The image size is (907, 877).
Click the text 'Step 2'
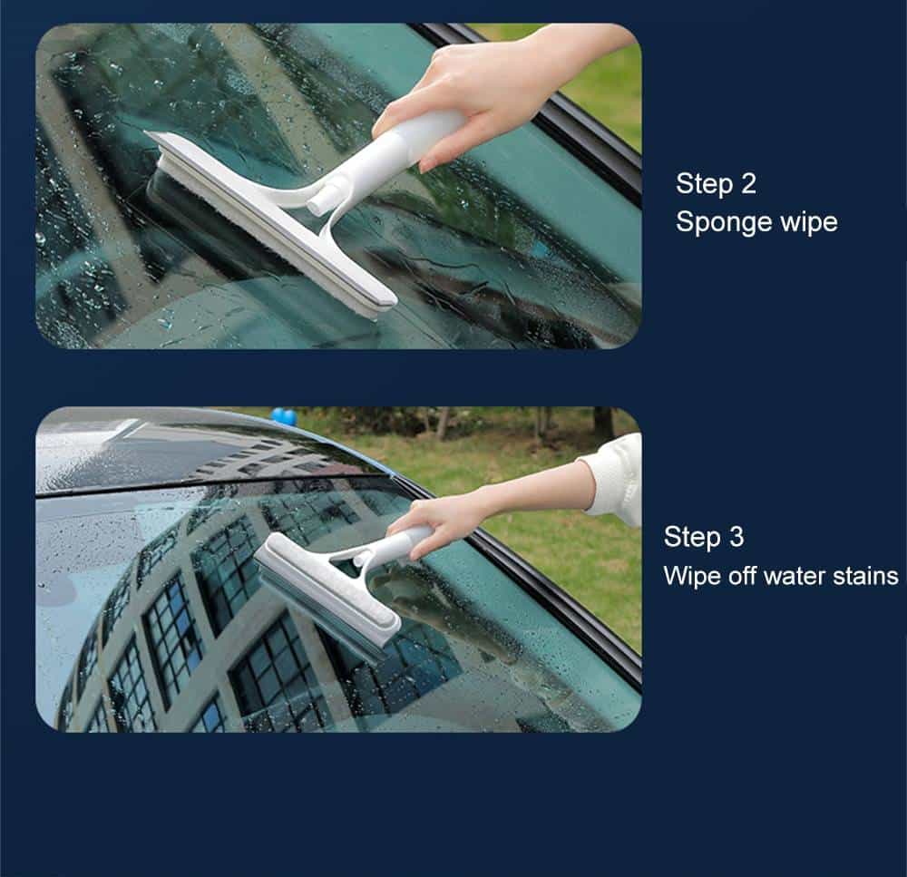click(x=716, y=184)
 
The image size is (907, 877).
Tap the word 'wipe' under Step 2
click(x=810, y=222)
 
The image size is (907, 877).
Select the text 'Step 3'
click(x=703, y=537)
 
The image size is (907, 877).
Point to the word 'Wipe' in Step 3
click(x=689, y=575)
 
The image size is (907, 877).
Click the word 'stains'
click(x=862, y=575)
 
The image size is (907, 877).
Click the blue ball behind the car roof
click(x=284, y=417)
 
